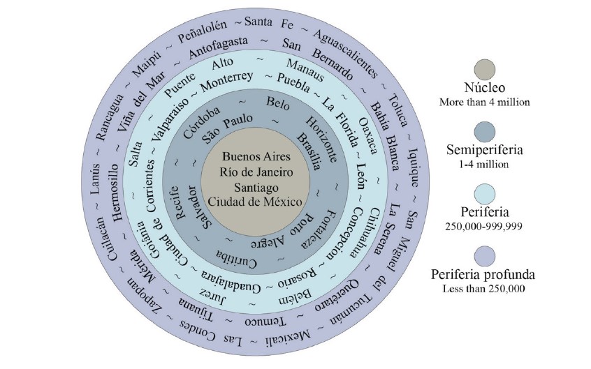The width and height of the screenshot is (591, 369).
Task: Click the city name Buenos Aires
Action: coord(251,157)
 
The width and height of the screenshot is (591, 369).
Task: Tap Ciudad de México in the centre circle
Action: coord(251,202)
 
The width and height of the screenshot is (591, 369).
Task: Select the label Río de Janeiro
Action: coord(251,172)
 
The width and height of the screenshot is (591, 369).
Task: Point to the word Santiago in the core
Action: coord(251,187)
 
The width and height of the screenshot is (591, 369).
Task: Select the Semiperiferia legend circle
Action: coord(483,132)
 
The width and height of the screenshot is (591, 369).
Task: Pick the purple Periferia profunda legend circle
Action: coord(483,255)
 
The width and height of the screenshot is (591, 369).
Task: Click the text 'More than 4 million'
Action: coord(484,103)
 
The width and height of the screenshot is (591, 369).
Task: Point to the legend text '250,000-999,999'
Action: coord(484,226)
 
